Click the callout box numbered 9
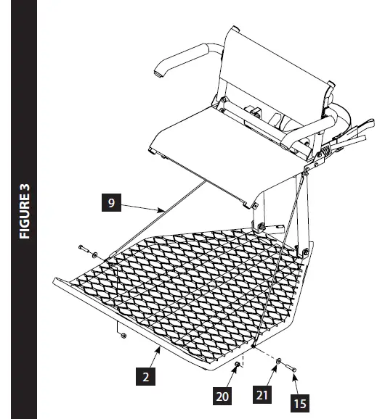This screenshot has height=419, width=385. pos(111,203)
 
